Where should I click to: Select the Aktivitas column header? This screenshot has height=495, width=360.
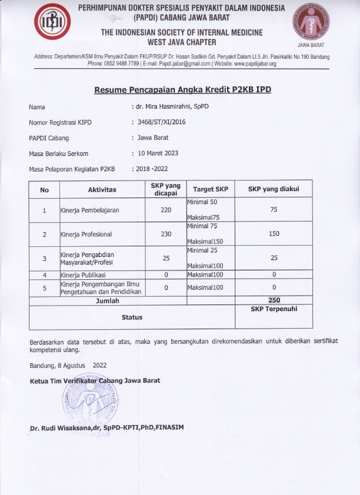tap(102, 190)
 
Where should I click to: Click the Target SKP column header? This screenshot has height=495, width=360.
tap(210, 190)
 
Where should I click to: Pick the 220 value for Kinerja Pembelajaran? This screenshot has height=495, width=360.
tap(165, 210)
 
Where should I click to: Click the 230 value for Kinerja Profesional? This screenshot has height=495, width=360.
tap(165, 234)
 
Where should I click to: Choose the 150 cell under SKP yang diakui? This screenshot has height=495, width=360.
tap(274, 234)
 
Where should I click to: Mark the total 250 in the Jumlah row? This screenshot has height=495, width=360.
tap(274, 300)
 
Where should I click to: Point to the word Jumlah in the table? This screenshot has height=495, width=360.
tap(107, 300)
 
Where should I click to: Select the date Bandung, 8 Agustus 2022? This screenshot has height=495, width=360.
tap(69, 365)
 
